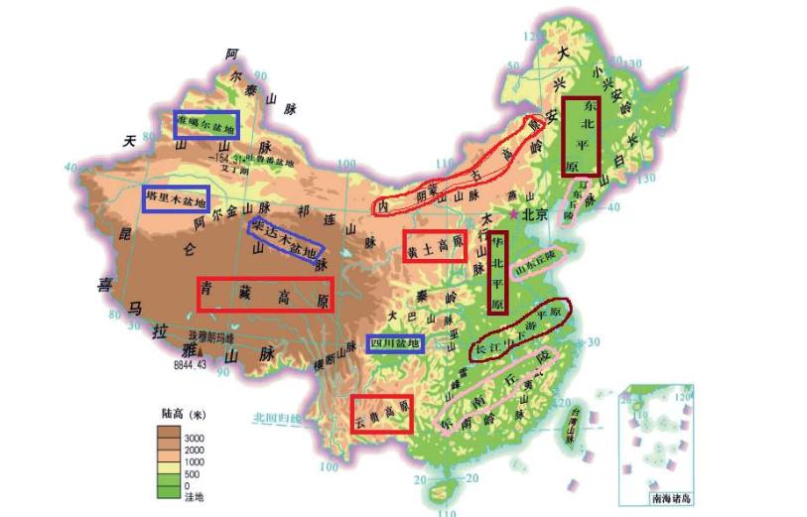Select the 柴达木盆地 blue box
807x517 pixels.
tap(286, 237)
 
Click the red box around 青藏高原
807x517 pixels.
tap(264, 295)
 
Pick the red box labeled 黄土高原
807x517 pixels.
tap(434, 245)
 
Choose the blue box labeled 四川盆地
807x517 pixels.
tap(395, 344)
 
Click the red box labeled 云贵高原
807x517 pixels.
tap(381, 414)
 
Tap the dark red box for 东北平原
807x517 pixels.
tap(581, 136)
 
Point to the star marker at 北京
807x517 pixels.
tap(513, 213)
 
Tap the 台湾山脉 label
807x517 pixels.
tap(572, 427)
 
